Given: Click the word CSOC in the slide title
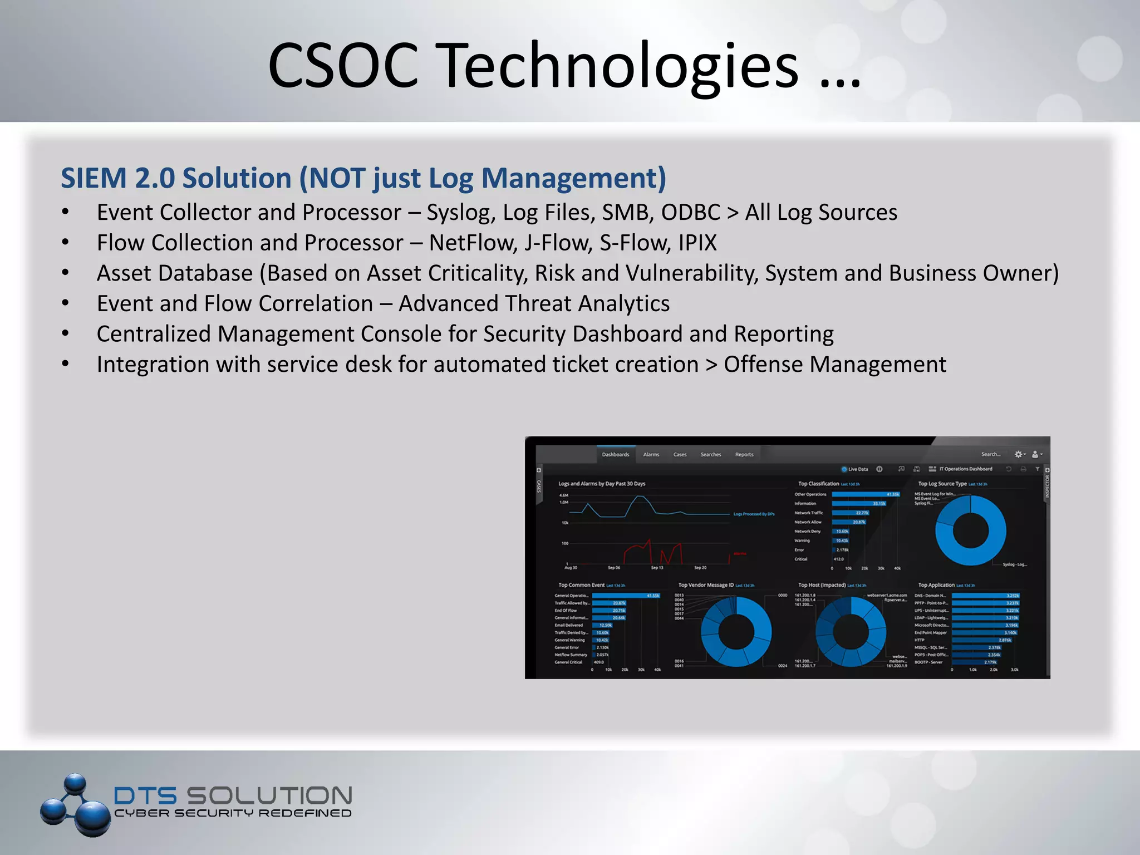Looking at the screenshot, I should (343, 66).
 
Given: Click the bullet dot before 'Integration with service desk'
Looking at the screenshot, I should (65, 364).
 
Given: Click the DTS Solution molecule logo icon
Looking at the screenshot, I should (75, 805).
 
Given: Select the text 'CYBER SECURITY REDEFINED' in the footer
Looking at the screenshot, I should (233, 813).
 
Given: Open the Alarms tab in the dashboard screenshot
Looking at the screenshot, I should (651, 455).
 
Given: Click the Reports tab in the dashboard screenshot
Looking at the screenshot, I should (744, 455).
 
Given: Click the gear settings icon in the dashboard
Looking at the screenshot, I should (1018, 455).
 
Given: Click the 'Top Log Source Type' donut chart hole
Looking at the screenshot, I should (970, 530).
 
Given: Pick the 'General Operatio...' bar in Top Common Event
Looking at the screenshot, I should (625, 596).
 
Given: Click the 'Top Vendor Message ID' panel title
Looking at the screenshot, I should (706, 585).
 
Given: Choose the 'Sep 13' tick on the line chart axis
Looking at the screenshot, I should (657, 568).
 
